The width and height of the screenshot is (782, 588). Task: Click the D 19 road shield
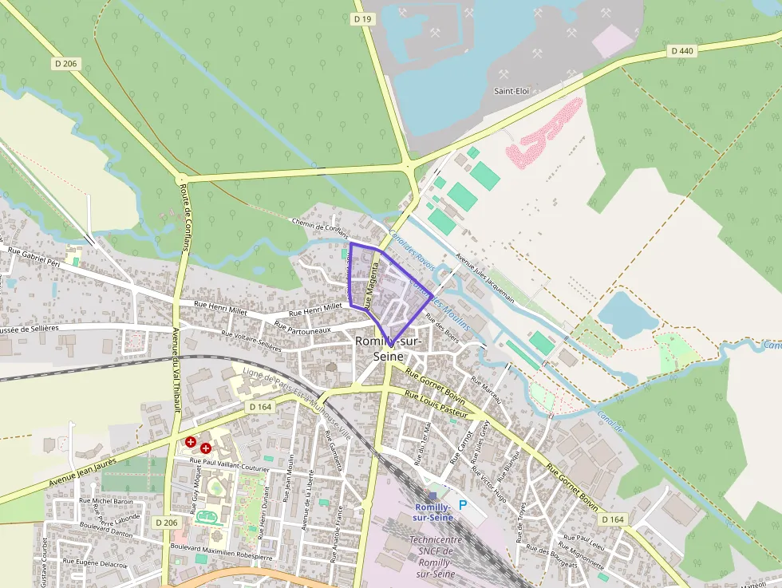tap(363, 18)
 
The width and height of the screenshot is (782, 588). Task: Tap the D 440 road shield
tap(682, 50)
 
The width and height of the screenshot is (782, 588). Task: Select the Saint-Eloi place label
tap(511, 91)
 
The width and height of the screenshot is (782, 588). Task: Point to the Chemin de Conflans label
tap(321, 227)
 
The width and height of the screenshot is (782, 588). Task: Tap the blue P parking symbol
tap(463, 505)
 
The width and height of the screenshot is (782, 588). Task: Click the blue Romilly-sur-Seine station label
tap(433, 512)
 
